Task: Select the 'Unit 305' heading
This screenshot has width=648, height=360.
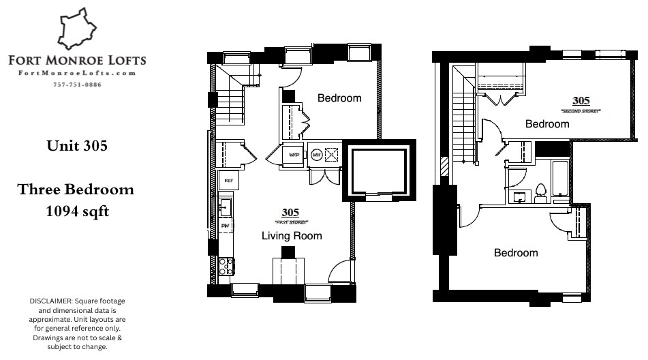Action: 76,145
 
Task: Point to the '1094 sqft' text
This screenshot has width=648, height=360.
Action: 76,211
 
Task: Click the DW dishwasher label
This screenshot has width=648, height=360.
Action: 225,226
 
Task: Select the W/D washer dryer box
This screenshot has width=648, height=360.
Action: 294,155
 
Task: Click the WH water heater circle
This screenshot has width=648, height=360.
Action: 316,155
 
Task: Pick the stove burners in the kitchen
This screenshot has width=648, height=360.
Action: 226,265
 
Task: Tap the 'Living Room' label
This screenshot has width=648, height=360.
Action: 292,236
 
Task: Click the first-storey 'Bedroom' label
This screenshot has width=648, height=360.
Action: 339,98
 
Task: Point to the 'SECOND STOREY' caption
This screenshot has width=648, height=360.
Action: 581,110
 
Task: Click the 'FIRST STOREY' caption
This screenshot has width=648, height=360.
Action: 291,223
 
